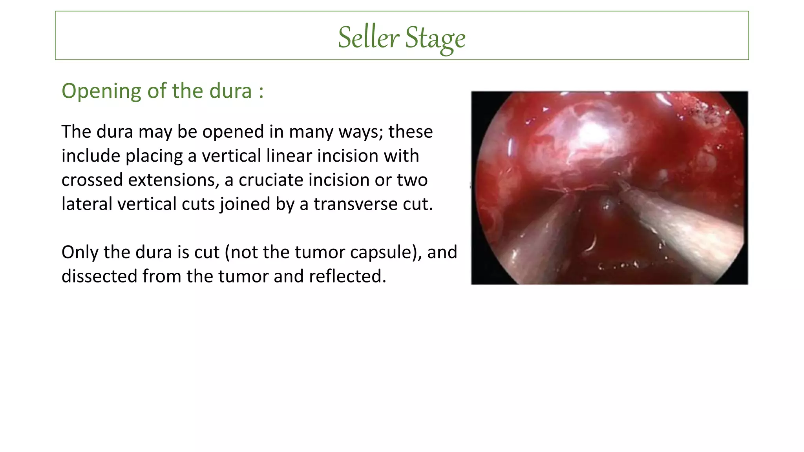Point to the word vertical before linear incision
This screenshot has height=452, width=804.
click(231, 156)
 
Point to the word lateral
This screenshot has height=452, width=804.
click(87, 204)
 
